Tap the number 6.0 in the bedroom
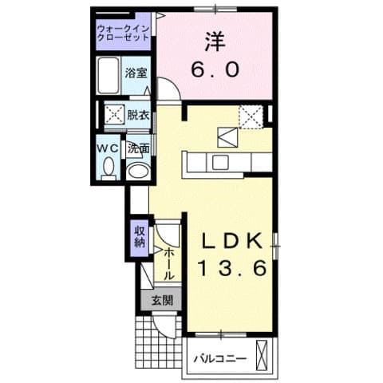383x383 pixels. (215, 70)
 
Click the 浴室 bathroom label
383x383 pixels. (136, 73)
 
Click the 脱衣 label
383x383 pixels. (139, 115)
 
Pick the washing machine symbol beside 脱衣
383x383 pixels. (113, 115)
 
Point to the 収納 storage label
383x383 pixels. (139, 237)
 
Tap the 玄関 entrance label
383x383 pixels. (160, 301)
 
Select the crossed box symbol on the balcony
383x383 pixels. (263, 352)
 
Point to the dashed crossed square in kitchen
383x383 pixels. (253, 117)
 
